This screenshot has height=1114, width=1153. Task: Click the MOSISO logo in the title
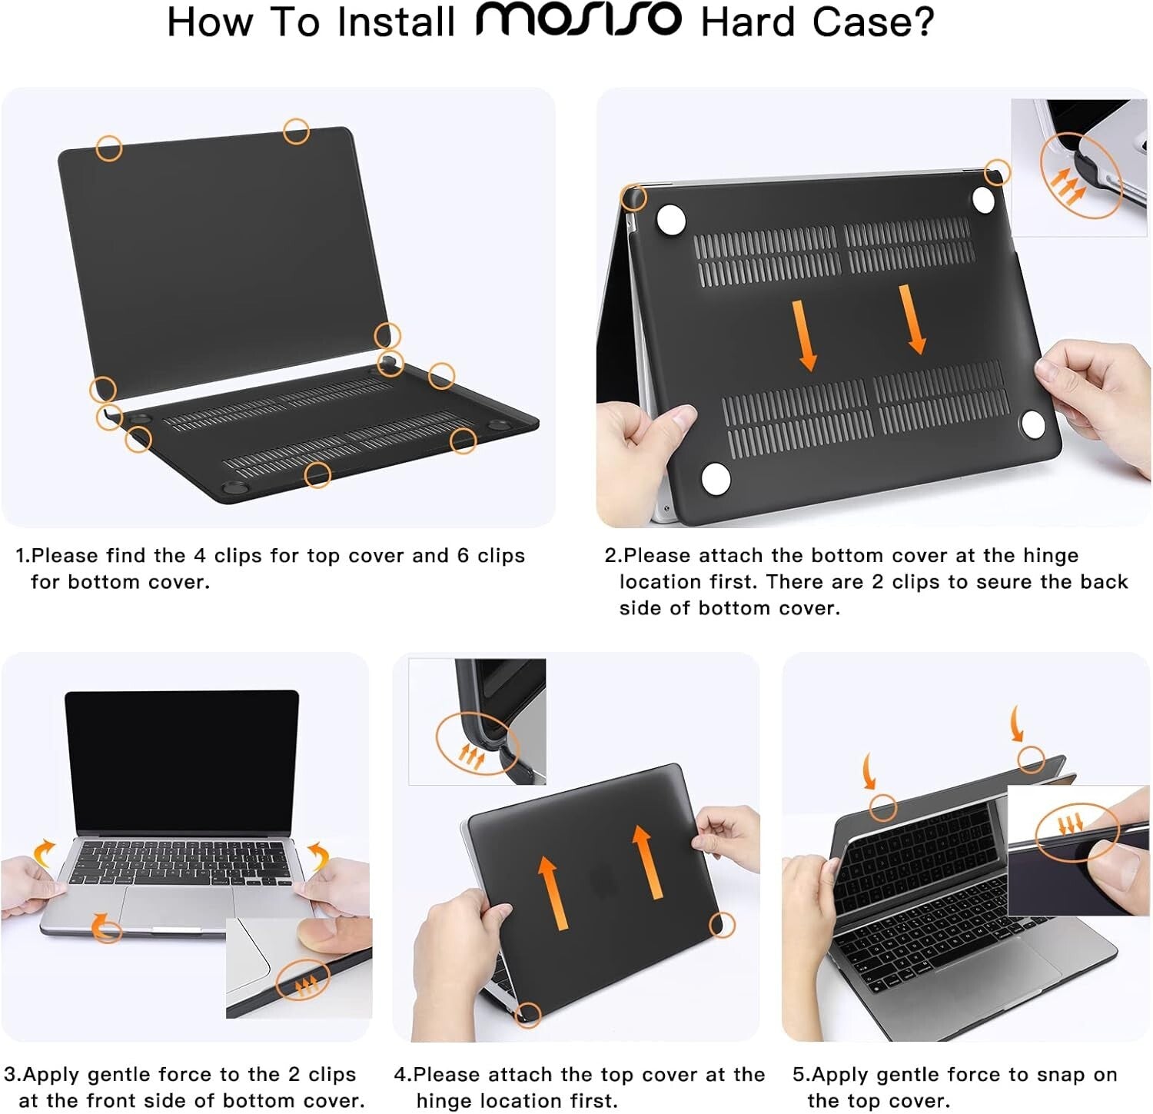[578, 21]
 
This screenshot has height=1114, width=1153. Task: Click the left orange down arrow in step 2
[805, 335]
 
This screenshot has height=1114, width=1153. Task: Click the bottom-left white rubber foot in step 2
[716, 478]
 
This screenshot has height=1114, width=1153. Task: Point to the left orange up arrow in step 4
[550, 892]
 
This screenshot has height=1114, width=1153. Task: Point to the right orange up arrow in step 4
[645, 861]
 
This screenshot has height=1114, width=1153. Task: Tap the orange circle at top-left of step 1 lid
[109, 147]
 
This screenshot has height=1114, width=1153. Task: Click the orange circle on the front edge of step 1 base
[317, 474]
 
